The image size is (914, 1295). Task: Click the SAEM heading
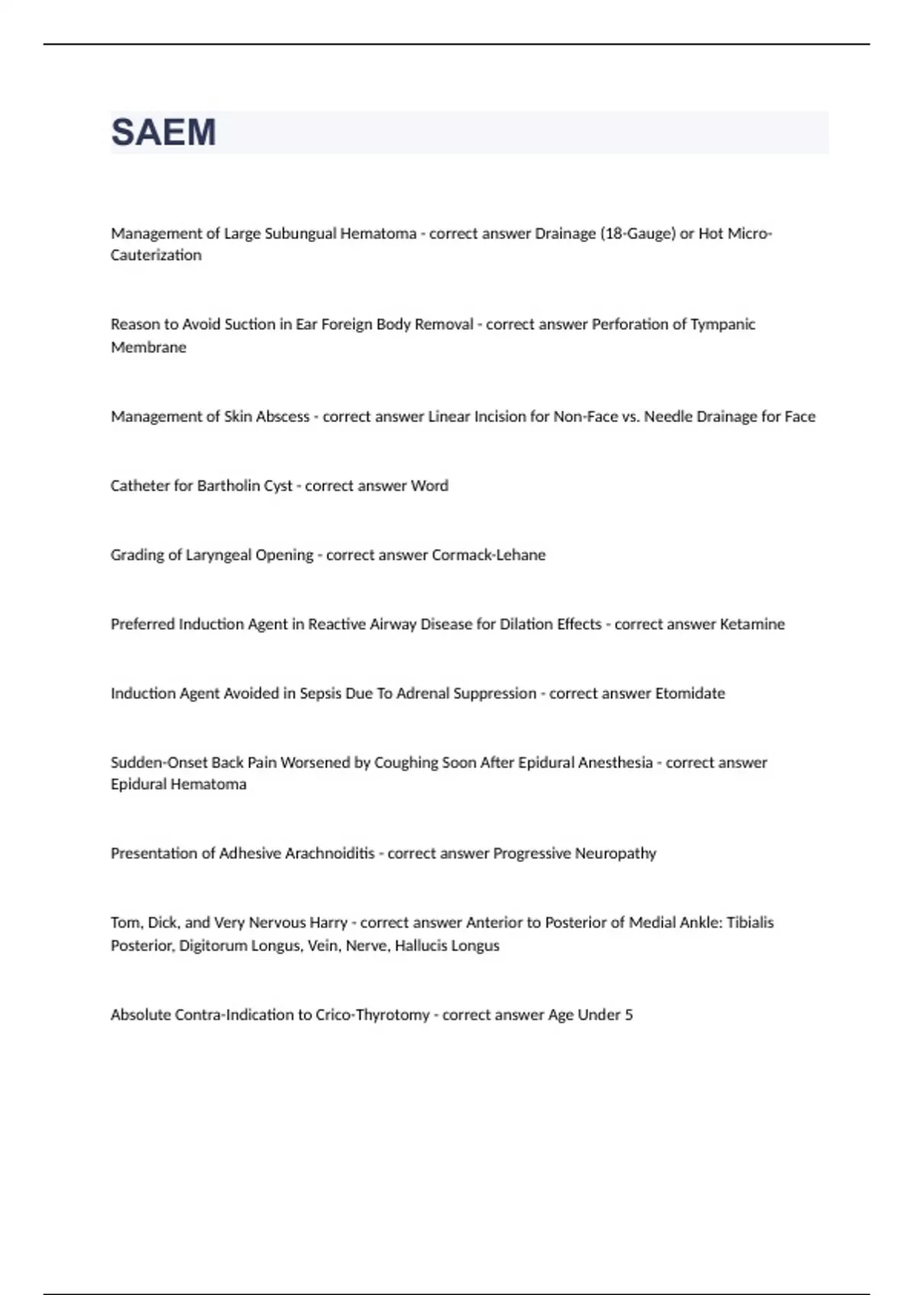click(x=164, y=133)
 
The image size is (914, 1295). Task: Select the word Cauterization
click(x=156, y=255)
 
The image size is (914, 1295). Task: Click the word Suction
click(x=248, y=325)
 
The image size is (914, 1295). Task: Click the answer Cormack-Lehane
click(x=488, y=555)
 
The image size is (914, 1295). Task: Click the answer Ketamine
click(x=752, y=625)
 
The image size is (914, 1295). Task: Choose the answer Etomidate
click(x=689, y=694)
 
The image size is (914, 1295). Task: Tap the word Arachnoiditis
click(x=329, y=854)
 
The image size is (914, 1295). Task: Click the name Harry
click(x=328, y=923)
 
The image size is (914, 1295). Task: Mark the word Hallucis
click(x=419, y=946)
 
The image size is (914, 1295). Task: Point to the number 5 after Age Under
click(x=628, y=1015)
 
